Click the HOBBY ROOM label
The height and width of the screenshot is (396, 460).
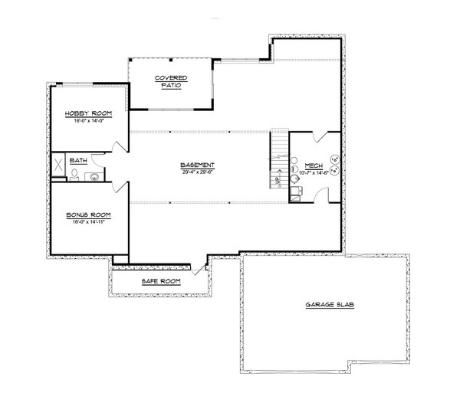pos(89,113)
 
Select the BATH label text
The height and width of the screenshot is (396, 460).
pos(78,161)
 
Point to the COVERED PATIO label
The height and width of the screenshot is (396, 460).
pos(169,81)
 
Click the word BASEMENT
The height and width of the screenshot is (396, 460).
pos(197,165)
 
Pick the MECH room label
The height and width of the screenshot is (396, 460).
pos(313,165)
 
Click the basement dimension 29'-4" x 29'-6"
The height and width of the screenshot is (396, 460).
pos(197,172)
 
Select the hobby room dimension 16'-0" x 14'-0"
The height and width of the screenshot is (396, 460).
pos(89,120)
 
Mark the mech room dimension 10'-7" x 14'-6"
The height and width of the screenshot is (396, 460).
pos(313,172)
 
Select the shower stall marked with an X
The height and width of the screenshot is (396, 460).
pos(58,167)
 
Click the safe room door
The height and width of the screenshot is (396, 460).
pos(201,267)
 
